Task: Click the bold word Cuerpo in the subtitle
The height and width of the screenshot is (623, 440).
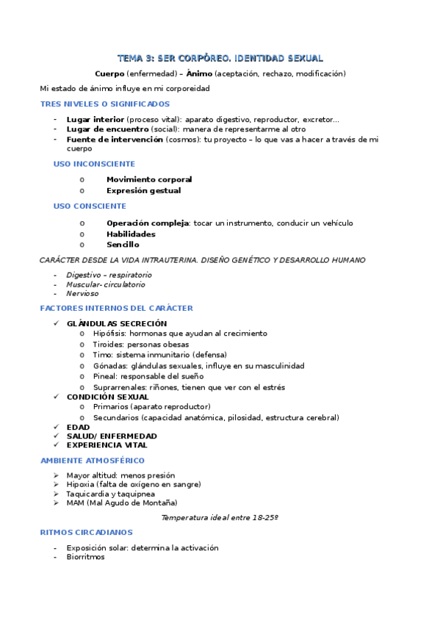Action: click(109, 73)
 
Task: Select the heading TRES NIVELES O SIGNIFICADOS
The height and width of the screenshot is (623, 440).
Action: click(105, 104)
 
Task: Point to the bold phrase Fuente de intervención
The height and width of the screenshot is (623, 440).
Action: click(115, 139)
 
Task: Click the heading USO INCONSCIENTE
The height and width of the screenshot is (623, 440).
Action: click(94, 164)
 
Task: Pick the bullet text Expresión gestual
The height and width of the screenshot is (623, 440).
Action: click(143, 190)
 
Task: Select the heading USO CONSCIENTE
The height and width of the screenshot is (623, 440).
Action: click(90, 206)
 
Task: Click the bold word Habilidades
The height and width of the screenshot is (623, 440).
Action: click(131, 234)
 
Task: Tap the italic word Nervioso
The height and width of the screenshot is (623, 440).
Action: click(82, 293)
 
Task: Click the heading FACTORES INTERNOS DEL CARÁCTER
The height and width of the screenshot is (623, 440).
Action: click(117, 309)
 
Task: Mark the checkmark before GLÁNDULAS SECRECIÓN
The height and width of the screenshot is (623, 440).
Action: click(57, 323)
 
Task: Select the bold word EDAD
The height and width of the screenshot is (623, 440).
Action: click(78, 427)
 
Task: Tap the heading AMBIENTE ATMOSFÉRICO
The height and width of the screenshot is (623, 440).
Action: click(93, 461)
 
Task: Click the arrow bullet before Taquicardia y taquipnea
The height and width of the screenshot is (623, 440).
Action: click(57, 494)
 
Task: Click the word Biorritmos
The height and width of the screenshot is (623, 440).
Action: click(85, 557)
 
